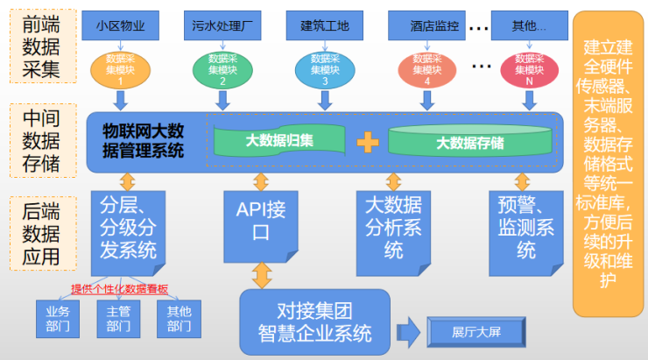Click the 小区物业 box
(x=120, y=26)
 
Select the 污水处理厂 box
(x=222, y=26)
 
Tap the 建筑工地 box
(x=324, y=26)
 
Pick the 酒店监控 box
(x=426, y=26)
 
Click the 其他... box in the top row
(x=528, y=26)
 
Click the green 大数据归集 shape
(x=280, y=140)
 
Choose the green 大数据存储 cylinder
(x=470, y=140)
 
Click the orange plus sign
(x=368, y=140)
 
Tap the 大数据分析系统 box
(x=393, y=226)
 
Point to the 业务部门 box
(x=57, y=319)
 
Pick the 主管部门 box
(x=117, y=319)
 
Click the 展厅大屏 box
(x=476, y=332)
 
